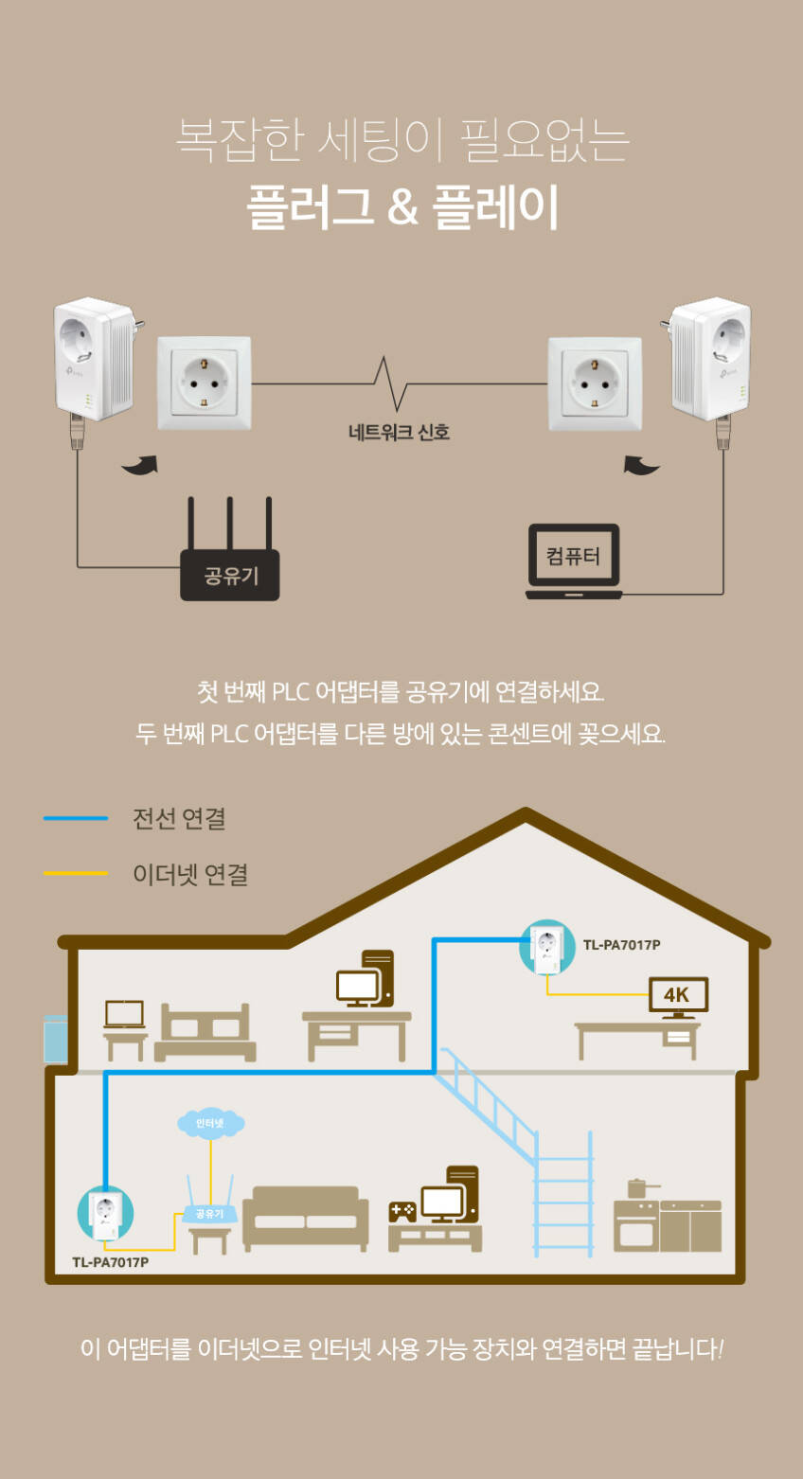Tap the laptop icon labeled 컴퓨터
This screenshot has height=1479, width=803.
574,561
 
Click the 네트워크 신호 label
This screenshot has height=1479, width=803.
399,433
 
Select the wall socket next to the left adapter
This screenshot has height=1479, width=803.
204,383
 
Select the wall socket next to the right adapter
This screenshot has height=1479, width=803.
595,383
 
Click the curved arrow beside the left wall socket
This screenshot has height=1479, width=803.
141,465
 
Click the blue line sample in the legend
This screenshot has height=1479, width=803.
76,818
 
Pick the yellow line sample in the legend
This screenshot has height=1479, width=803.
76,874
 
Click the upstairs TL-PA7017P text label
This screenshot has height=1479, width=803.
621,945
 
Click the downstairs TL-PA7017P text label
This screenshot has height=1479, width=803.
110,1262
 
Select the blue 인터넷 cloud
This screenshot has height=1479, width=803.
210,1123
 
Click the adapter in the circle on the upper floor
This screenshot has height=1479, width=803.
547,948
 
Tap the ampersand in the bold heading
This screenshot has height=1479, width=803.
402,206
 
